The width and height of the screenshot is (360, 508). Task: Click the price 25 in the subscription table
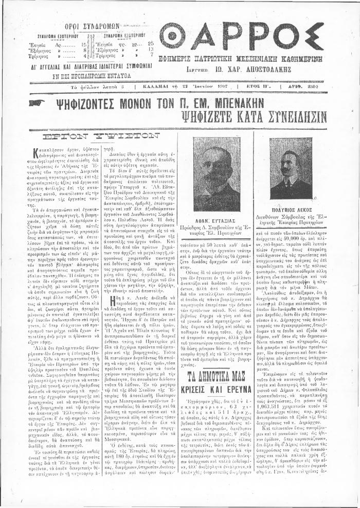pyautogui.click(x=151, y=44)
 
